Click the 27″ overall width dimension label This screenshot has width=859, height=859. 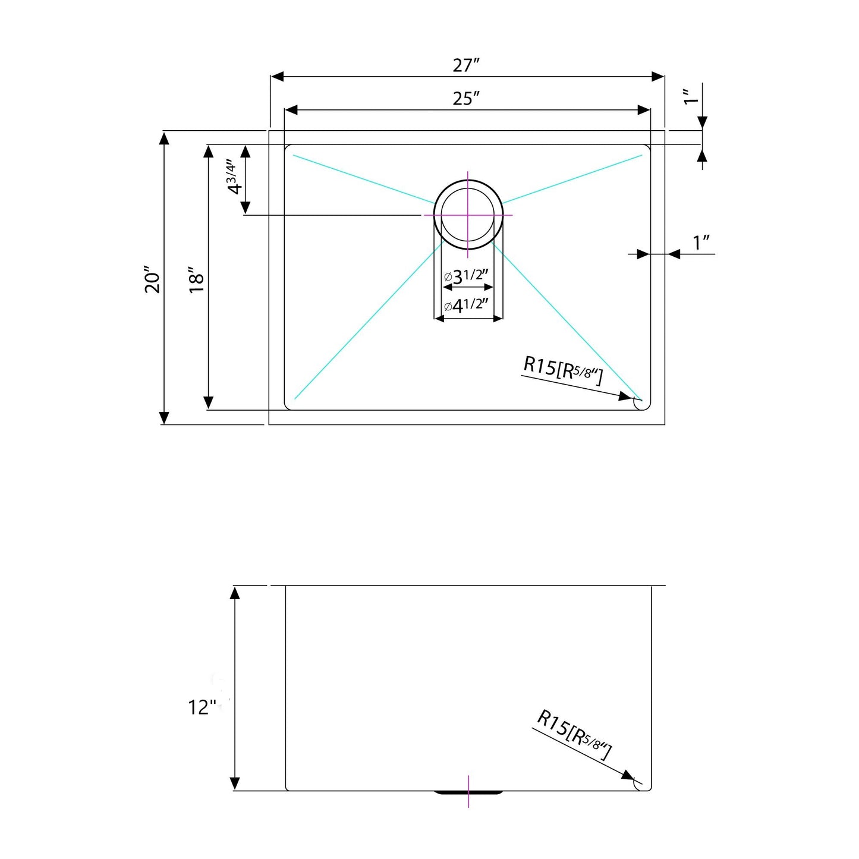(x=466, y=65)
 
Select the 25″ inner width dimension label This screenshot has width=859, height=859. (x=466, y=99)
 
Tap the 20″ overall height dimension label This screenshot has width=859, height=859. (x=152, y=279)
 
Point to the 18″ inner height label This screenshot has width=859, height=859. (x=196, y=279)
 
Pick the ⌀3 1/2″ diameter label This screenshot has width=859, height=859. (x=467, y=277)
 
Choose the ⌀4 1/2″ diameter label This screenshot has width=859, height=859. (x=467, y=306)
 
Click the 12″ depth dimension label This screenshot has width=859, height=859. (x=202, y=707)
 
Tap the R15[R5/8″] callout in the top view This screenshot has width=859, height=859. (x=563, y=370)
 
